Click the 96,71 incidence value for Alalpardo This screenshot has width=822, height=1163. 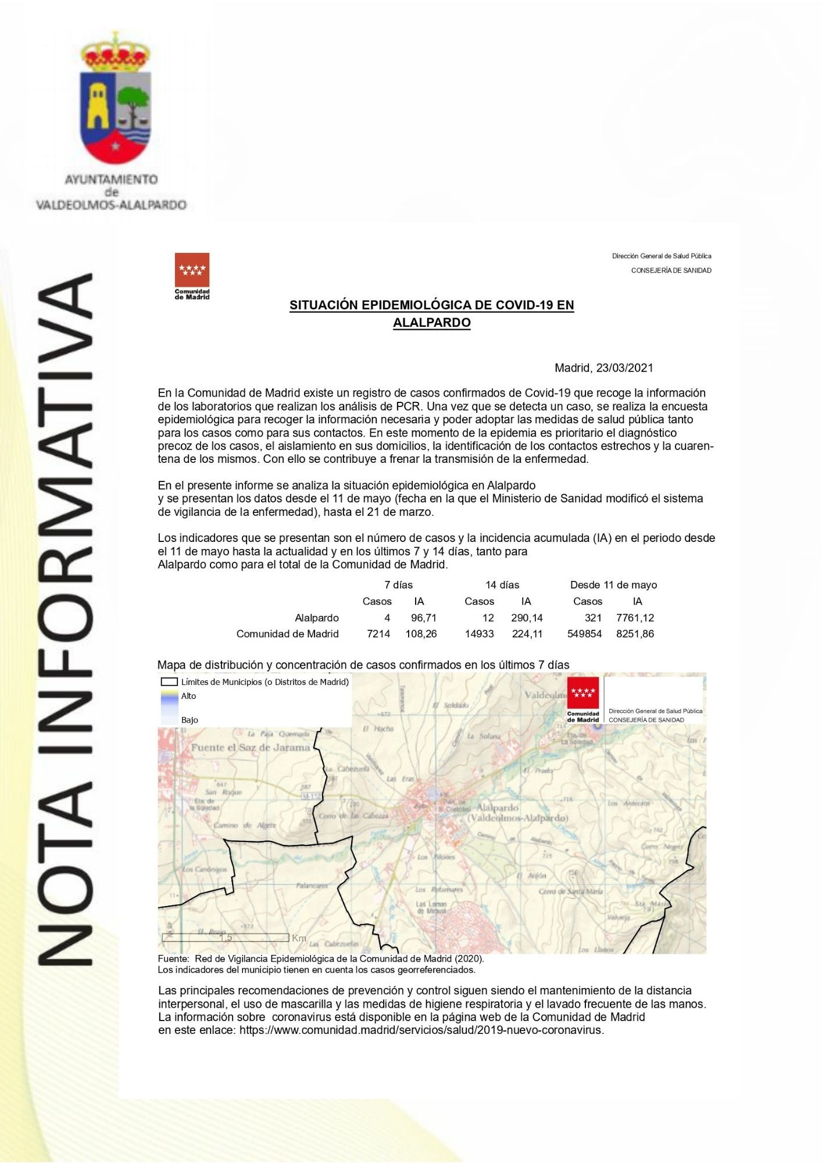[423, 618]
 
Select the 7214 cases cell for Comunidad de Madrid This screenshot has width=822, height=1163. [378, 634]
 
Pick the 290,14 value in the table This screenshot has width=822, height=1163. [527, 618]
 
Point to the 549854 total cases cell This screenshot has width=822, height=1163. [584, 634]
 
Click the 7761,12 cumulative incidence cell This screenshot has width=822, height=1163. [635, 618]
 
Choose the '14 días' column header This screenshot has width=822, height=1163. [502, 585]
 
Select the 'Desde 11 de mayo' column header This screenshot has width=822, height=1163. [613, 585]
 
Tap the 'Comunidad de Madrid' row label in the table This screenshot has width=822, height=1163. [287, 634]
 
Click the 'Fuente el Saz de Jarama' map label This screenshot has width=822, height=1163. [250, 748]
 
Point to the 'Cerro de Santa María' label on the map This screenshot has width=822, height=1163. [570, 891]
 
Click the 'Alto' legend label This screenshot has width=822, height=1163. [188, 696]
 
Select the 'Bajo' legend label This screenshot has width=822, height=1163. [190, 720]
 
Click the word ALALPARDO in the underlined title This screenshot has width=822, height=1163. [431, 323]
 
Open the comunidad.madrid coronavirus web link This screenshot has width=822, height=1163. [421, 1030]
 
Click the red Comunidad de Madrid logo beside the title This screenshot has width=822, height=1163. [192, 276]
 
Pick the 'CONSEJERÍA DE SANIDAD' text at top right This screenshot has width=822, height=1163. [671, 270]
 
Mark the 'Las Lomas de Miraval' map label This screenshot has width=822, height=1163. [431, 908]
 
